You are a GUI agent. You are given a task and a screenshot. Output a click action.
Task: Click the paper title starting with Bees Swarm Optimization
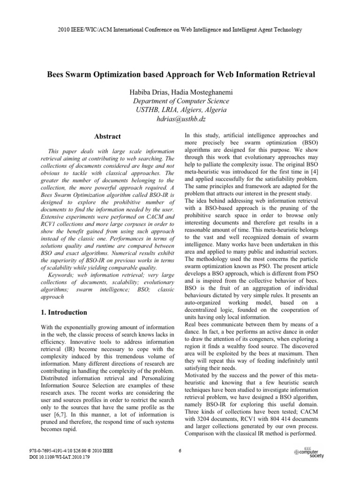tap(180, 75)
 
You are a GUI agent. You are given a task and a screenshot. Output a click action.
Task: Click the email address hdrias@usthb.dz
tap(180, 119)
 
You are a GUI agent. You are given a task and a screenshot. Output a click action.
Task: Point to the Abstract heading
tap(107, 136)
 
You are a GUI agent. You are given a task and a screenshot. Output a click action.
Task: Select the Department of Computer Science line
tap(180, 101)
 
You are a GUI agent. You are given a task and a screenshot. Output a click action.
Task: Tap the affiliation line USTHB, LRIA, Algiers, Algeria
tap(180, 110)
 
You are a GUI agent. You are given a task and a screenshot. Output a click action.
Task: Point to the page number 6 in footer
tap(180, 451)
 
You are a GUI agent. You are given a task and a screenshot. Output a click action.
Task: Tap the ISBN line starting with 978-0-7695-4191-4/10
tap(71, 450)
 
